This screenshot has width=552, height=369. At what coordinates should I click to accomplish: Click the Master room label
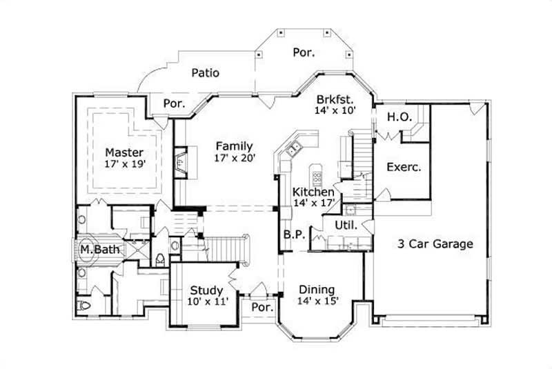tap(124, 152)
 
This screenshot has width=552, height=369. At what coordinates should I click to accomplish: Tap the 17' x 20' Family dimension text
tap(234, 158)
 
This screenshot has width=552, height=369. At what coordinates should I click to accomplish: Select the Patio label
tap(206, 72)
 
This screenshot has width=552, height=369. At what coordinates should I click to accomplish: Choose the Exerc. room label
tap(404, 166)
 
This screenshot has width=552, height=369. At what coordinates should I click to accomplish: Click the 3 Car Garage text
tap(435, 243)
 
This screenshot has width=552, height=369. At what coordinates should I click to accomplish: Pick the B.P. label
tap(294, 235)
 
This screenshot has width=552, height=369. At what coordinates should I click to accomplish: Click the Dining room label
tap(317, 289)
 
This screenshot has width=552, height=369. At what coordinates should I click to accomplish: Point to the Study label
tap(206, 290)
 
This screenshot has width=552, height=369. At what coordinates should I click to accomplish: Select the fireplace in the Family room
tap(181, 162)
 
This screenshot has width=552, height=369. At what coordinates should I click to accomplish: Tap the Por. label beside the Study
tap(262, 306)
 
